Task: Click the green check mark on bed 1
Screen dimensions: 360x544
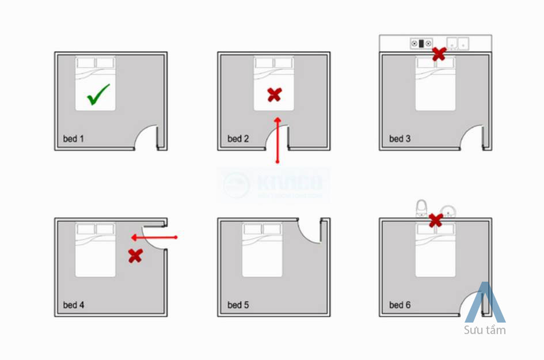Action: (x=98, y=95)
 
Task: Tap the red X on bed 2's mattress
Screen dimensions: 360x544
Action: (x=275, y=95)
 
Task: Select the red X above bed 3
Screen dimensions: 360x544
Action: (x=439, y=54)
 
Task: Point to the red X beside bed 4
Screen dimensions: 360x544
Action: (x=135, y=255)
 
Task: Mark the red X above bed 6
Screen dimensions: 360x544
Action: (x=436, y=219)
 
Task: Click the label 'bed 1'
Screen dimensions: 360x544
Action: (x=74, y=139)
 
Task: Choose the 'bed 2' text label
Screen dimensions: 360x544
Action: (x=238, y=139)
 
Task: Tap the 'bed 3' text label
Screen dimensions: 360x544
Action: (x=400, y=139)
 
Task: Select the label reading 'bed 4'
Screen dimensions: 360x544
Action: (x=74, y=305)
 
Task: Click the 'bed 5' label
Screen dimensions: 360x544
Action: (x=238, y=305)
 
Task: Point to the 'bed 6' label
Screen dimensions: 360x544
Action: (x=400, y=305)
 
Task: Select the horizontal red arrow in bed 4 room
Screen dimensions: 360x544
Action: (x=154, y=237)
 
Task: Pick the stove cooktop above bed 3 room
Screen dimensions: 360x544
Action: (x=421, y=43)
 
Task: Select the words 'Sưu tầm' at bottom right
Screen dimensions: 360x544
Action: (x=485, y=330)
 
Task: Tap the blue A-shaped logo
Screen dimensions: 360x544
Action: (x=485, y=303)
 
